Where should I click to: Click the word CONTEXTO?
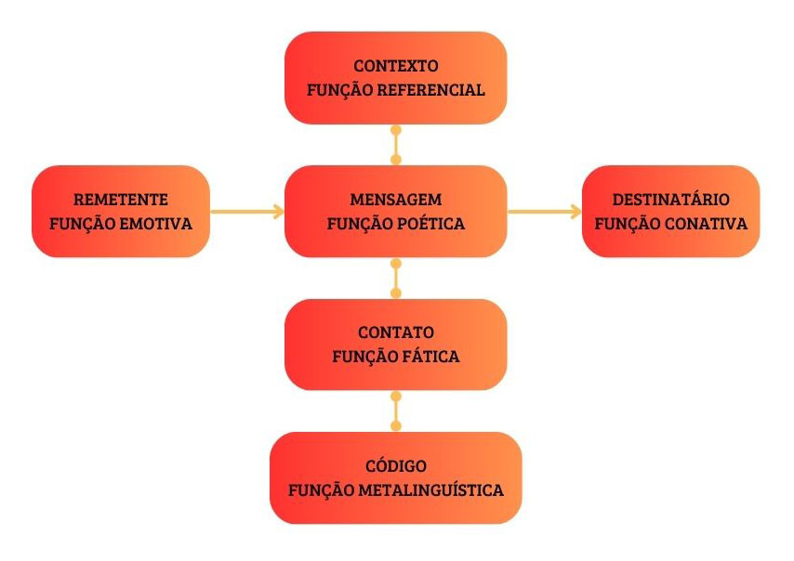point(396,66)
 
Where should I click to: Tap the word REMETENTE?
point(121,200)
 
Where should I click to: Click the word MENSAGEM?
point(396,200)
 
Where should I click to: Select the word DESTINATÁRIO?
point(671,200)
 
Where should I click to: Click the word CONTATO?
point(396,333)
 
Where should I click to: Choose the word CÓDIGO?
point(396,465)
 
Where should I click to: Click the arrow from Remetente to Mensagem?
point(247,212)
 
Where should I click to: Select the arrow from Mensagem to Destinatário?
point(545,212)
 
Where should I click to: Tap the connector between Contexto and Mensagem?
point(396,145)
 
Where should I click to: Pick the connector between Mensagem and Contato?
point(396,279)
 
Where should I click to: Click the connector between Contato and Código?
point(396,411)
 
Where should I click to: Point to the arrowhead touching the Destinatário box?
point(576,212)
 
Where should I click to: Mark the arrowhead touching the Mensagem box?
point(279,212)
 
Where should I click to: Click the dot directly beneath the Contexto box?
point(396,131)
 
